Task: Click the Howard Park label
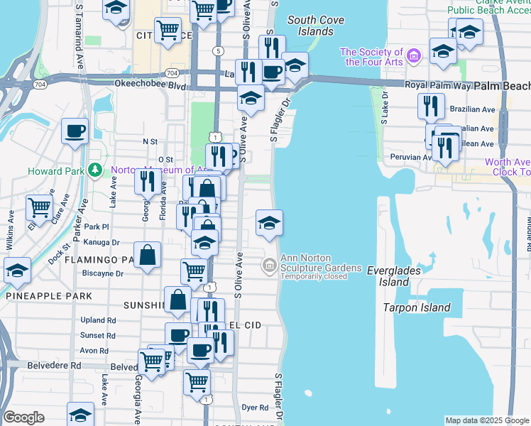click(x=57, y=171)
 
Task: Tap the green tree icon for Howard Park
click(x=95, y=170)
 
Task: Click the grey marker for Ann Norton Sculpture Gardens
click(x=269, y=266)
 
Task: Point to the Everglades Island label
click(x=394, y=275)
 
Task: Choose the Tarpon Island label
click(x=417, y=307)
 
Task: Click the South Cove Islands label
click(x=311, y=26)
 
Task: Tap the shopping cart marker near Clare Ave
click(x=38, y=207)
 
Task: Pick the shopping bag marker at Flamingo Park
click(x=147, y=256)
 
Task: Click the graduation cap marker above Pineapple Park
click(x=17, y=271)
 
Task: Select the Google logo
click(x=23, y=417)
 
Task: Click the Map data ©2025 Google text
click(x=486, y=420)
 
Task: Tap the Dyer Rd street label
click(x=254, y=408)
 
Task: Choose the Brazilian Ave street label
click(x=471, y=110)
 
